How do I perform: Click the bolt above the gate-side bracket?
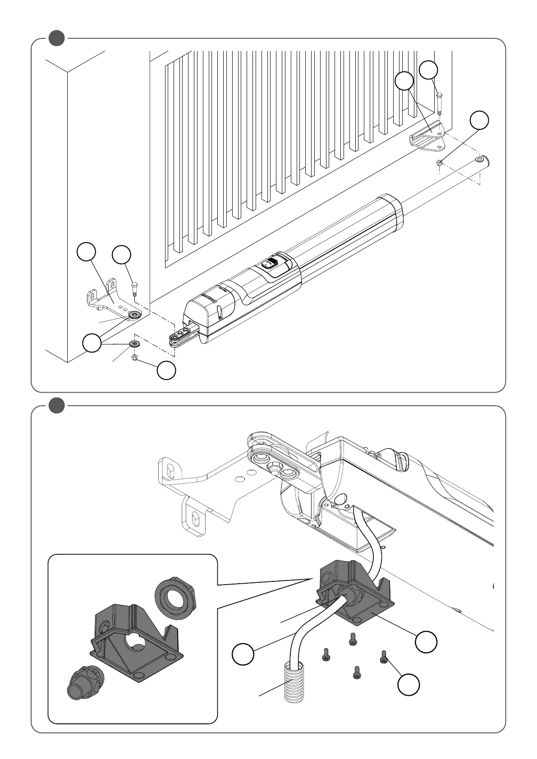coord(439,103)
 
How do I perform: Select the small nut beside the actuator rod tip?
coord(440,163)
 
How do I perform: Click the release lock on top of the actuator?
coord(270,263)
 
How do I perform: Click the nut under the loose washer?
coord(134,358)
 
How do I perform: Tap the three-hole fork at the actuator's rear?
coord(182,335)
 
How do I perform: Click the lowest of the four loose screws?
coord(357,673)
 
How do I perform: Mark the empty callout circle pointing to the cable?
coord(243,655)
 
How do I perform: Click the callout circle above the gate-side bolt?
coord(428,70)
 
